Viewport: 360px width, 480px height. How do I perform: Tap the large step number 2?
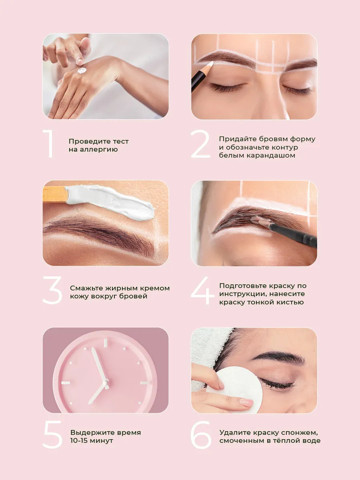(x=200, y=144)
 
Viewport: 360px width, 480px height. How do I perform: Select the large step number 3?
(x=52, y=290)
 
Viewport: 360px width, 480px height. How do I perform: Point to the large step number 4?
(x=202, y=291)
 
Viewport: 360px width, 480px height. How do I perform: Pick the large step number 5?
(x=53, y=435)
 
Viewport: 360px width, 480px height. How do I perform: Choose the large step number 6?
(x=201, y=435)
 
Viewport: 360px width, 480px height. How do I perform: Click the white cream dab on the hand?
(x=82, y=70)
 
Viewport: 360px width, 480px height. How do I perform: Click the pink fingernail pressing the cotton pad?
(x=247, y=402)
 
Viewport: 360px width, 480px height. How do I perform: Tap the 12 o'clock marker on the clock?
(x=106, y=343)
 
